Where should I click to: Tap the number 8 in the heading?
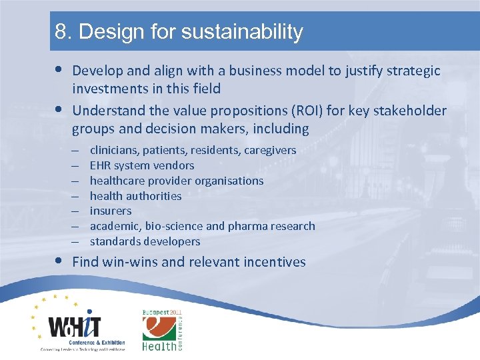(x=61, y=32)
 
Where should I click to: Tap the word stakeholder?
(x=406, y=110)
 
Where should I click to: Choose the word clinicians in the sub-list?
(x=115, y=150)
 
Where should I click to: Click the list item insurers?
(x=111, y=211)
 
